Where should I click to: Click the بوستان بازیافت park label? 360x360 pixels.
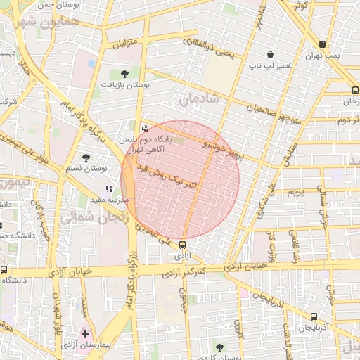124,84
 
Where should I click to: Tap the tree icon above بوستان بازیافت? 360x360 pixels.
124,73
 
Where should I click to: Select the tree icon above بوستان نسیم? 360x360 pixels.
86,157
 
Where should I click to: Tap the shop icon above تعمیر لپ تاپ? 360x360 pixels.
270,54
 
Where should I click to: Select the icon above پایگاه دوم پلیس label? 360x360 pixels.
145,128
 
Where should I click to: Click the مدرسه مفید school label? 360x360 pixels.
106,200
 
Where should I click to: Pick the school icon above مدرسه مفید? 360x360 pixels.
108,188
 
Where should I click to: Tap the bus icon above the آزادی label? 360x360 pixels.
183,245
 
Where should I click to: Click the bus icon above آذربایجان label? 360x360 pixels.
314,316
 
